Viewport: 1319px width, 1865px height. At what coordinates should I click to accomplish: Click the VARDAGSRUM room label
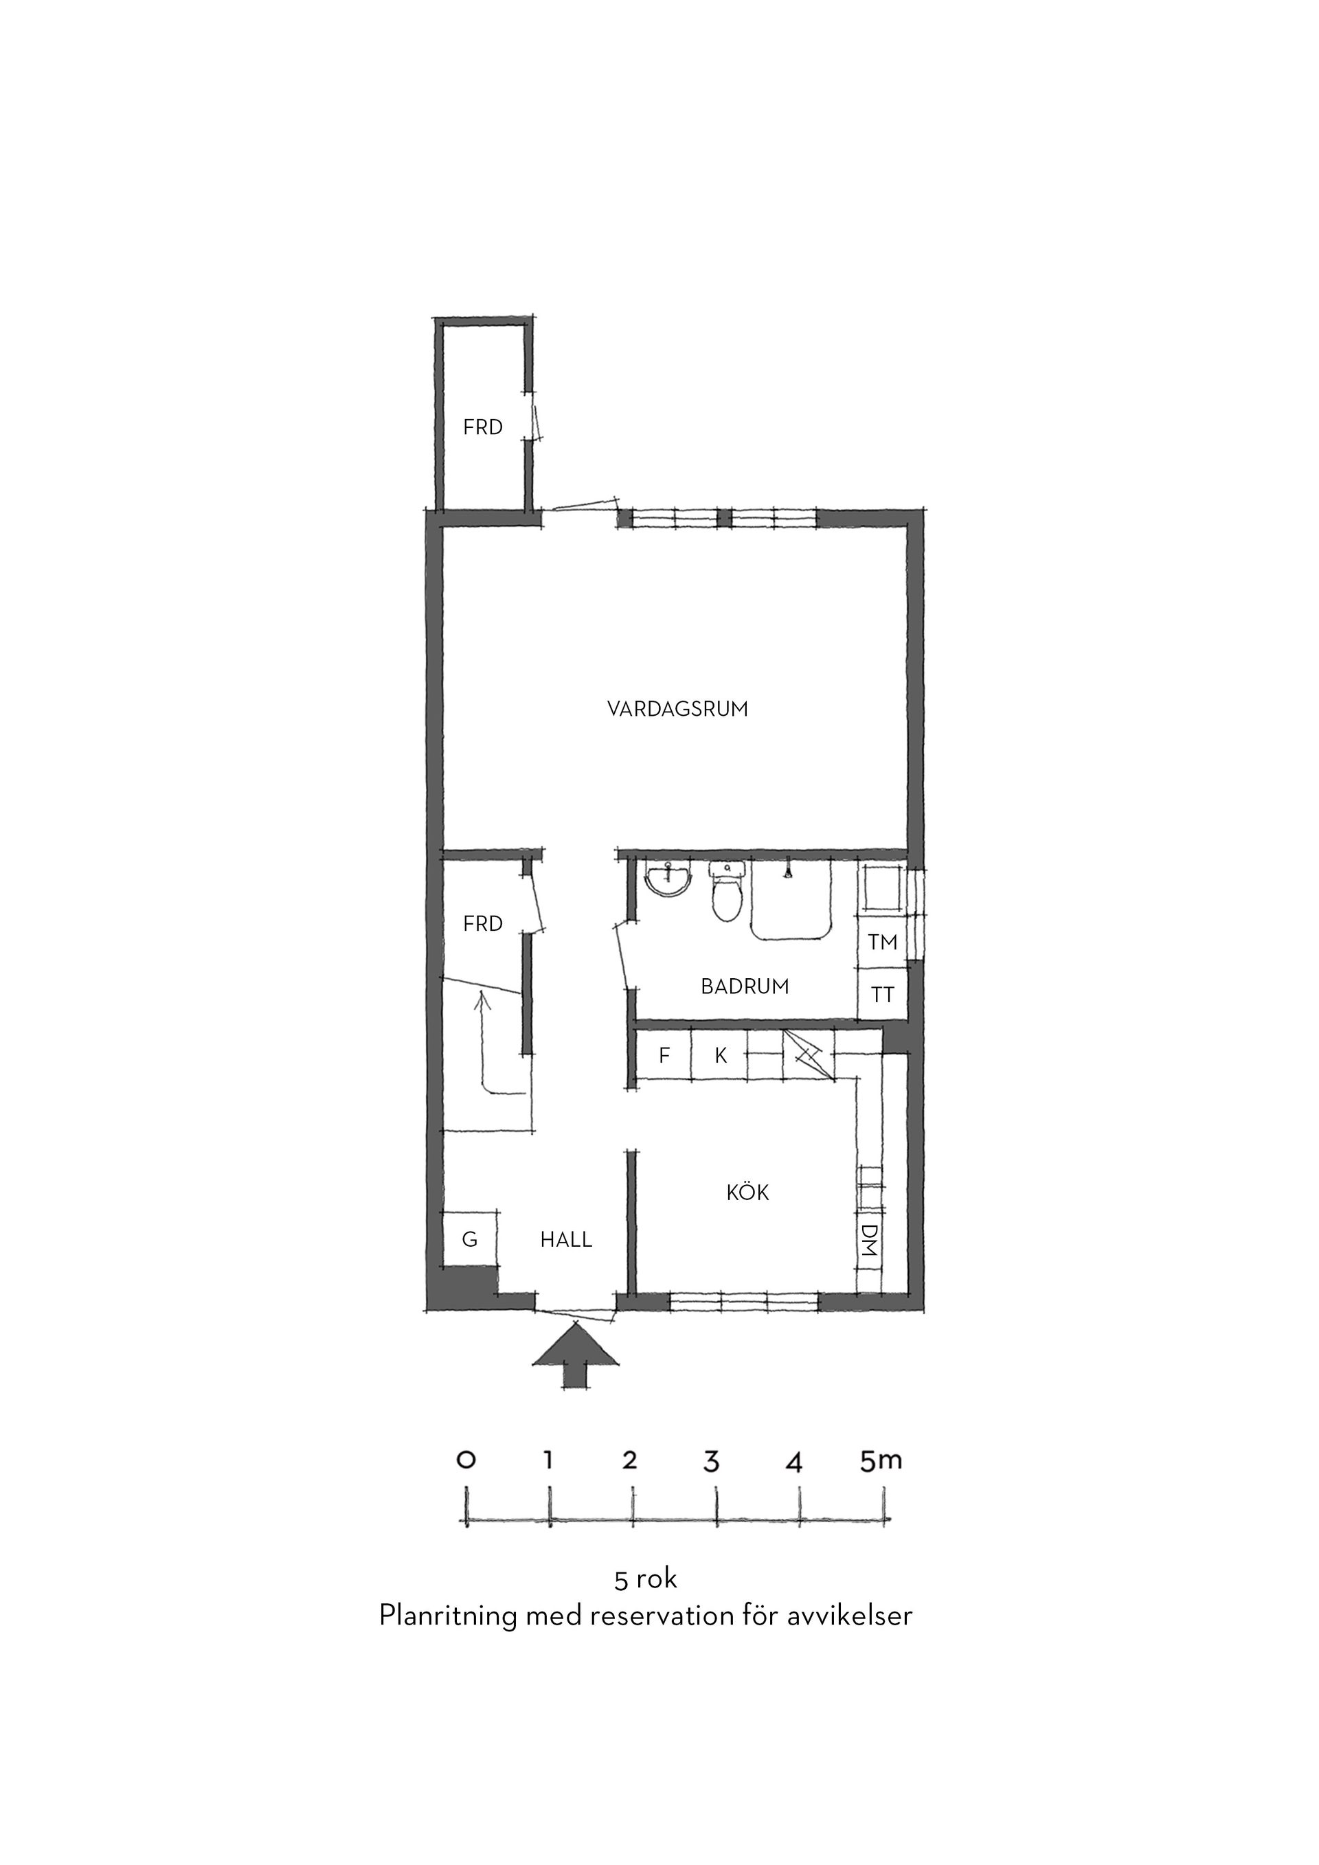click(x=677, y=709)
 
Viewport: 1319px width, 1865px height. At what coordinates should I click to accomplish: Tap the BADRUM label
click(x=745, y=987)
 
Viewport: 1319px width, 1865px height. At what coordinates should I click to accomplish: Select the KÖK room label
click(x=747, y=1193)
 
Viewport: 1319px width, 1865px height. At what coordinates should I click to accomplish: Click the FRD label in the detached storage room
click(x=483, y=427)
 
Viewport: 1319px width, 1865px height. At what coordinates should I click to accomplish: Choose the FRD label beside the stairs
click(x=483, y=923)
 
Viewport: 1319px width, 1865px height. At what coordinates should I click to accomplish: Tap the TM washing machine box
click(x=882, y=942)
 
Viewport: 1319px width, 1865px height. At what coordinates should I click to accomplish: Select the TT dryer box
click(x=882, y=994)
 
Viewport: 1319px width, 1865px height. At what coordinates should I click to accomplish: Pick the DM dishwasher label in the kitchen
click(x=869, y=1241)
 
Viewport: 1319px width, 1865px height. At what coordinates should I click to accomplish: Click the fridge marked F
click(x=664, y=1056)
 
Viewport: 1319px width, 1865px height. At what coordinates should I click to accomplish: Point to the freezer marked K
click(x=719, y=1056)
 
